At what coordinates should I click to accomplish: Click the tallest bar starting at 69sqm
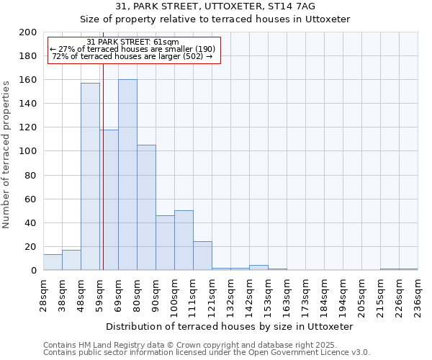(127, 175)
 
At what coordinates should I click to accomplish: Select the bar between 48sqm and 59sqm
(90, 176)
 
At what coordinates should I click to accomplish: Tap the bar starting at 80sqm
(146, 207)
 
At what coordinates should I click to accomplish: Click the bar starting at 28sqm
(53, 263)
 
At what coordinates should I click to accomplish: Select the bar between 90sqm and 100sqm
(165, 243)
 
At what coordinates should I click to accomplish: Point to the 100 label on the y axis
(28, 151)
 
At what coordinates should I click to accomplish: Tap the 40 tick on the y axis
(30, 223)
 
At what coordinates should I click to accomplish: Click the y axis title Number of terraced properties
(7, 154)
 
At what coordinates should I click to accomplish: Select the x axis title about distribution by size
(229, 326)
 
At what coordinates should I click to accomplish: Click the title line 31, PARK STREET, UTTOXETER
(215, 6)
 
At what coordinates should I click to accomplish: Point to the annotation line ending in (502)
(132, 57)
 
